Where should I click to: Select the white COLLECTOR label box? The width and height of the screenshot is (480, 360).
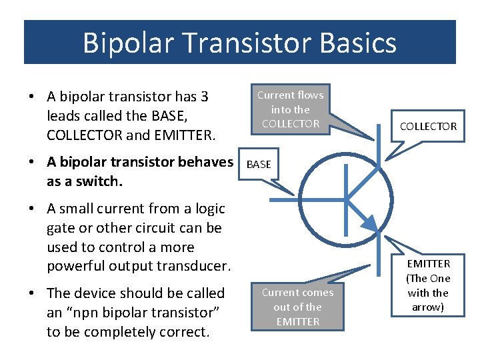428,126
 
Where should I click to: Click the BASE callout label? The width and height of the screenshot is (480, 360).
259,164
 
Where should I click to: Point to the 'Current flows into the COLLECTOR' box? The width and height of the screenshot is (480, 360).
290,109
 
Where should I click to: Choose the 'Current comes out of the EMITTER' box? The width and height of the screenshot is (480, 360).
297,307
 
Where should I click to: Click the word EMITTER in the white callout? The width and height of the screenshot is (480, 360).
429,264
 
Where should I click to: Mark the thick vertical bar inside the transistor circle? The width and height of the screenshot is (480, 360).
345,198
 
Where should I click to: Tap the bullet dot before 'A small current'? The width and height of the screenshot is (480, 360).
32,209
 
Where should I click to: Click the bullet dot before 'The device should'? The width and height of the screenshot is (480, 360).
32,294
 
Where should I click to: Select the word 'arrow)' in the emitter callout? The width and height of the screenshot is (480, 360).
428,307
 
